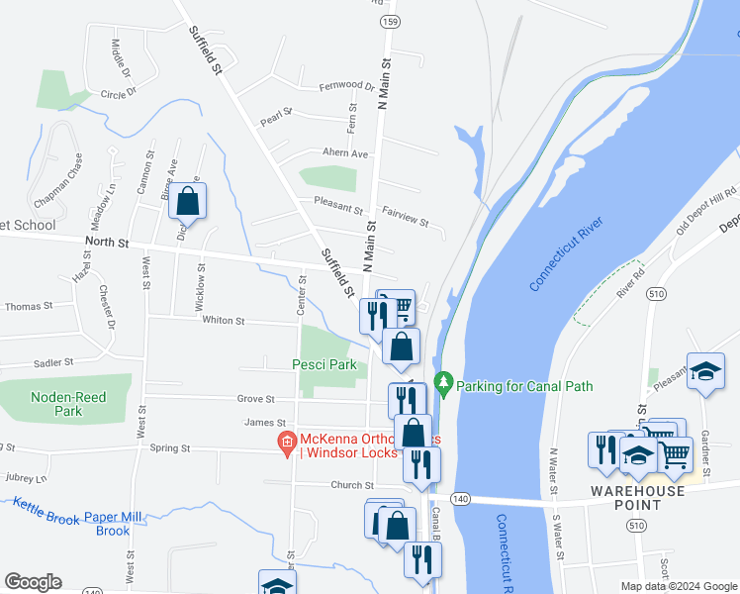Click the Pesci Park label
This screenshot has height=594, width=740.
pos(324,364)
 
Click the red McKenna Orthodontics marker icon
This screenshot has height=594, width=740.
pos(287,441)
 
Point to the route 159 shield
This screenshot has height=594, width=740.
pos(390,22)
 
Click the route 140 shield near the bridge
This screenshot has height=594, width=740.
pos(459,498)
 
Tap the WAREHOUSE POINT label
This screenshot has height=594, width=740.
pos(637,491)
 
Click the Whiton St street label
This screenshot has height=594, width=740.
pos(223,321)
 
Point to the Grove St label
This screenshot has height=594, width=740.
pos(255,399)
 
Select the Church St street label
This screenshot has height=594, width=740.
pos(352,485)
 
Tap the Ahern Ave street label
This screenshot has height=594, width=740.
pos(345,153)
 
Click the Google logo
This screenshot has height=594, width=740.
pos(33,582)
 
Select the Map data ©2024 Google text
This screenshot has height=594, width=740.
pos(678,586)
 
